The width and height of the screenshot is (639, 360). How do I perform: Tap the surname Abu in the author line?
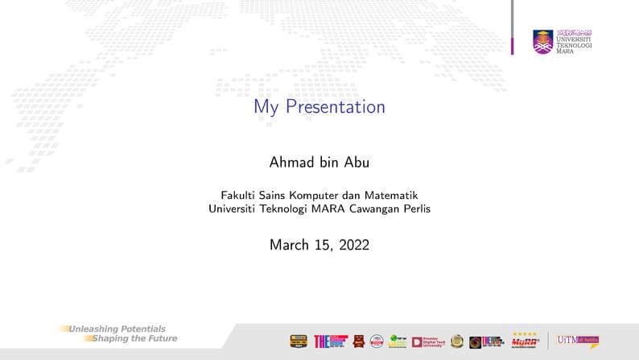coord(355,162)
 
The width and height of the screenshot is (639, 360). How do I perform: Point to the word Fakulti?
coord(240,195)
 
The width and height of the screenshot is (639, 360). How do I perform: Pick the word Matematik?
coord(391,195)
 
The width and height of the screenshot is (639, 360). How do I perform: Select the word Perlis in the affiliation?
coord(416,209)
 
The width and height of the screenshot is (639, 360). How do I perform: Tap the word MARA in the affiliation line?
coord(327,209)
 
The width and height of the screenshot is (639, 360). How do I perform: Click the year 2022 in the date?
coord(352,245)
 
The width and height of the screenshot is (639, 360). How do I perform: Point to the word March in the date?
coord(288,245)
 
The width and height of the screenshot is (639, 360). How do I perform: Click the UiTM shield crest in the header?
coord(542,42)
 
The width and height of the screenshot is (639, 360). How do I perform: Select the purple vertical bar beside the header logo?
coord(512,27)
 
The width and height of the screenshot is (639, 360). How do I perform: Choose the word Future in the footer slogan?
coord(159,338)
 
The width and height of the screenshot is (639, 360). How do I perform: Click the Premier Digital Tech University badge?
coord(428,341)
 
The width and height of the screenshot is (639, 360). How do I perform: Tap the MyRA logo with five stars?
coord(525,341)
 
